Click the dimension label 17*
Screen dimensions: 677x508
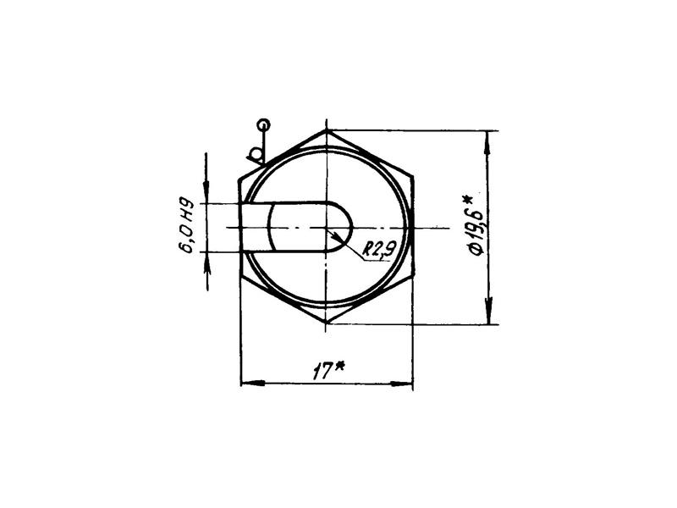[329, 371]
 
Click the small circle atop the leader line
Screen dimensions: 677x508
[263, 125]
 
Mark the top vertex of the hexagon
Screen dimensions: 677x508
[327, 130]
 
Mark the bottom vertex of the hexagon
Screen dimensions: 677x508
[327, 323]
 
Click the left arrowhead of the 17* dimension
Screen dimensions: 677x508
[252, 384]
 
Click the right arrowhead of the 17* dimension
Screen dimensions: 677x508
[401, 384]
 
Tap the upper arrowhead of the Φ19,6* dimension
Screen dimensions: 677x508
[488, 142]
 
